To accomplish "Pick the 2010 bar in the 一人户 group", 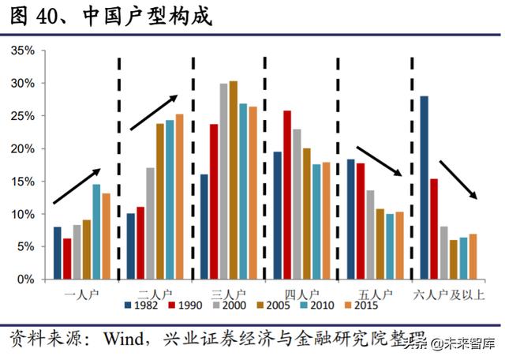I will click(x=96, y=232).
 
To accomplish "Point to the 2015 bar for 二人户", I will click(x=179, y=197).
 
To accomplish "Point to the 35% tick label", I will click(x=22, y=51).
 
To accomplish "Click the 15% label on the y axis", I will click(x=22, y=182).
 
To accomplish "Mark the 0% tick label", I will click(x=25, y=279).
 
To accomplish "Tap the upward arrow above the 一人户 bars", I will click(x=77, y=186).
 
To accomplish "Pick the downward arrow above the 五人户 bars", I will click(x=380, y=161).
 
